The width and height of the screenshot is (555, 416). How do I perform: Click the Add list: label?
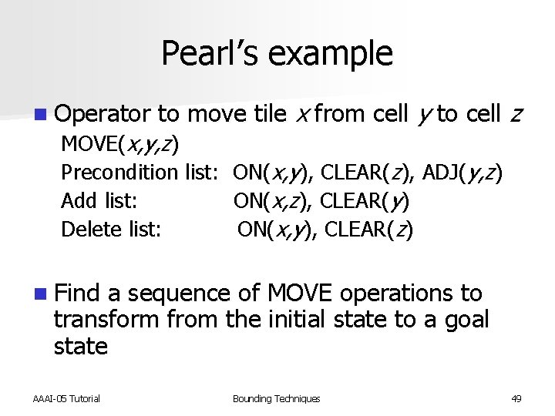pos(99,202)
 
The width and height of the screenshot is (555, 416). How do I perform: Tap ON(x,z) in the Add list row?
pos(271,202)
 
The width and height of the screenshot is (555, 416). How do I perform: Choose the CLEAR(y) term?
pos(365,202)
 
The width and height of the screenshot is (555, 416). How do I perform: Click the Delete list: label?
pos(111,230)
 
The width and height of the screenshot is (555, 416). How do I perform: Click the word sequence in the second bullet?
pos(179,294)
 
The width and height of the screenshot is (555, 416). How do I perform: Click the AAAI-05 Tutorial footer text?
pos(66,398)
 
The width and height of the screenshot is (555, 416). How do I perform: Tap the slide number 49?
pos(516,398)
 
